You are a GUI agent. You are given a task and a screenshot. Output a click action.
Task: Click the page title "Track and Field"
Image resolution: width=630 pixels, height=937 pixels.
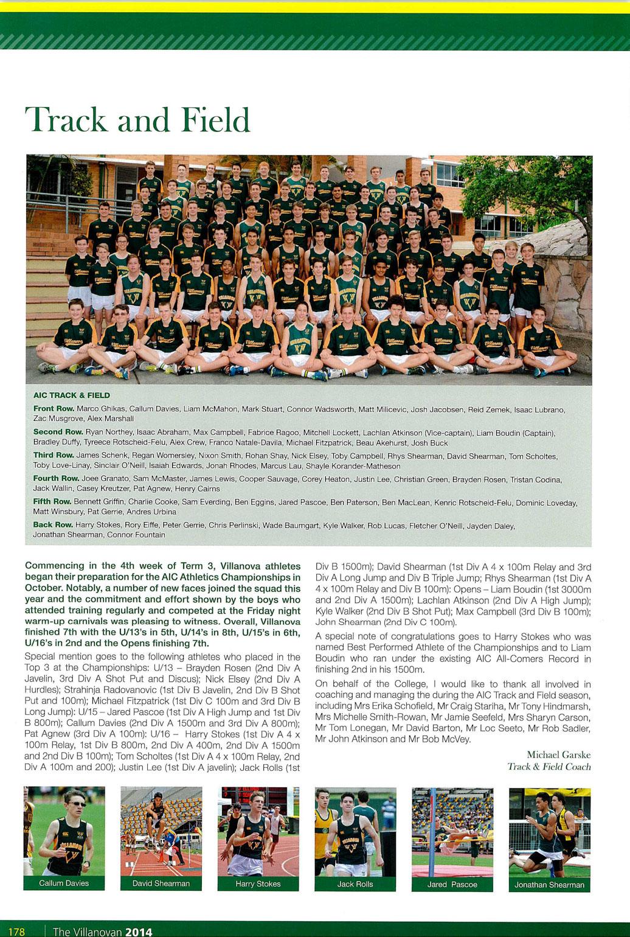[137, 120]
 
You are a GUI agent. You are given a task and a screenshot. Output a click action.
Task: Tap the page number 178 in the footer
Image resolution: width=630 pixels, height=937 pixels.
[16, 931]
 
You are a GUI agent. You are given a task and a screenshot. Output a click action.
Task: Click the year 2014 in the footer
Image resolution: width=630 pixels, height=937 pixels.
[139, 931]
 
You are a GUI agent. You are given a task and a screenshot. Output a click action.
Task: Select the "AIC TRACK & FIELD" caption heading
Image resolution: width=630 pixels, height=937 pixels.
[71, 395]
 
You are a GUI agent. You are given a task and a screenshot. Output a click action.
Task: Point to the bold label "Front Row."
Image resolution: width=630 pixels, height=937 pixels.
[54, 409]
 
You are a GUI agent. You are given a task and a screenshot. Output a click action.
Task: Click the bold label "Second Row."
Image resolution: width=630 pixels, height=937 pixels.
[58, 432]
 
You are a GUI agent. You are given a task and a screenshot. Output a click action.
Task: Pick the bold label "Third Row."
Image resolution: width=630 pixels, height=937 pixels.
[54, 455]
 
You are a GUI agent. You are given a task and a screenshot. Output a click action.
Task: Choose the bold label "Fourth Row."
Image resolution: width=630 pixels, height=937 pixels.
[56, 479]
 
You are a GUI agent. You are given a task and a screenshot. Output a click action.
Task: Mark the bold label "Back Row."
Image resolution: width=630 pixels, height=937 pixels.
[53, 524]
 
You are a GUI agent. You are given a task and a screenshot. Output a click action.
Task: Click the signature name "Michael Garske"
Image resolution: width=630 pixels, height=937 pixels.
[558, 755]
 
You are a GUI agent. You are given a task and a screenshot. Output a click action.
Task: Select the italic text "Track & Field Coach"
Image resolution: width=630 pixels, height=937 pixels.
[549, 767]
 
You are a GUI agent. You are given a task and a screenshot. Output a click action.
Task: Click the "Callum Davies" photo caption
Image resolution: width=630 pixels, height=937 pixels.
[64, 883]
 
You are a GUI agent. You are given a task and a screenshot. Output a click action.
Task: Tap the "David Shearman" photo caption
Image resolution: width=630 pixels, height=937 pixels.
[161, 883]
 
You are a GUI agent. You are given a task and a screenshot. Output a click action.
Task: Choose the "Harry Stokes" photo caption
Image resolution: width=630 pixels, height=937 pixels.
[258, 883]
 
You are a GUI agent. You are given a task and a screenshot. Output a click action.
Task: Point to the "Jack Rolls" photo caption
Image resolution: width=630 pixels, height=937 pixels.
[355, 883]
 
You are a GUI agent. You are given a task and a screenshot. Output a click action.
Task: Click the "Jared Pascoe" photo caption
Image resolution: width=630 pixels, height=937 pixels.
[452, 884]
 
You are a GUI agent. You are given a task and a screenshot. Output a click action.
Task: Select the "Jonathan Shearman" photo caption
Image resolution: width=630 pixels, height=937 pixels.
[549, 885]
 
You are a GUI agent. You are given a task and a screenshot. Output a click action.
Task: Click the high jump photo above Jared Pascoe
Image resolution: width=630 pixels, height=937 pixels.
[452, 831]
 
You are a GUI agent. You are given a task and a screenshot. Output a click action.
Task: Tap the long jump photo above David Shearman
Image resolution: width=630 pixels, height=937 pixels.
[161, 831]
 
